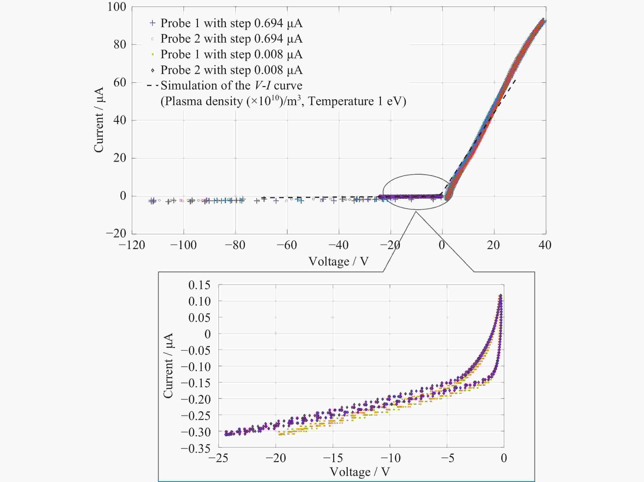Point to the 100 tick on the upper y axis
[117, 7]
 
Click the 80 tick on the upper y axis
[120, 45]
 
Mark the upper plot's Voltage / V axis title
[339, 261]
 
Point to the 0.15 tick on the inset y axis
[199, 285]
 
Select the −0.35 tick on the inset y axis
[195, 449]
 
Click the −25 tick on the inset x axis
[218, 458]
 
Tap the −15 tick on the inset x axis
[333, 458]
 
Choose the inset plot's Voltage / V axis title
[360, 471]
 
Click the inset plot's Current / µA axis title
[168, 366]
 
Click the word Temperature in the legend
[341, 101]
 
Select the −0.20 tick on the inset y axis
[195, 399]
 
